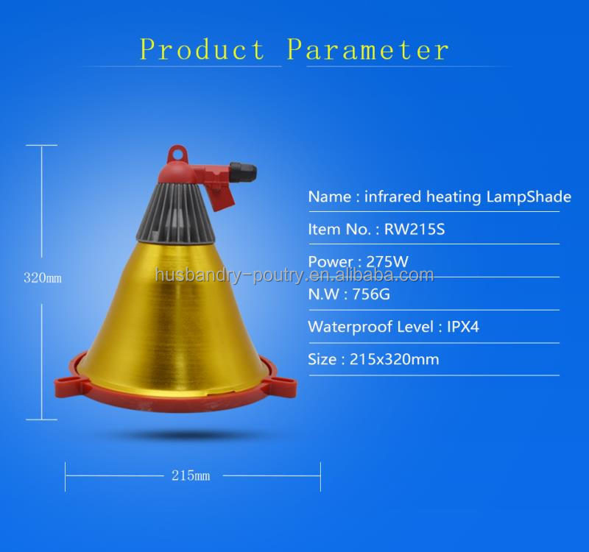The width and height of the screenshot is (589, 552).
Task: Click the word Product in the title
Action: (202, 50)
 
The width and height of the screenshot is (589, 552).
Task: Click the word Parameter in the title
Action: (367, 50)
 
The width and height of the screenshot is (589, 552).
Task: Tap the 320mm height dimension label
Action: (43, 278)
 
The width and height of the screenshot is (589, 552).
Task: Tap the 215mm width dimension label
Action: (191, 475)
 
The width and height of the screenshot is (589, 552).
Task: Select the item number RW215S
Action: (415, 229)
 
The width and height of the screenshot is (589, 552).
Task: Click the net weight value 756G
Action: (375, 294)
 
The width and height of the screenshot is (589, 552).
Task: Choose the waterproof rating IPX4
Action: (463, 327)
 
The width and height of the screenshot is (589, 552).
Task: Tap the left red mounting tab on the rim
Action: (67, 383)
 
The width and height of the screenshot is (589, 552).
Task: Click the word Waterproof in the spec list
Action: (349, 327)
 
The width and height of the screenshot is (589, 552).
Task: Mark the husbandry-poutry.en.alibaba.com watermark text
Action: (294, 276)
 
